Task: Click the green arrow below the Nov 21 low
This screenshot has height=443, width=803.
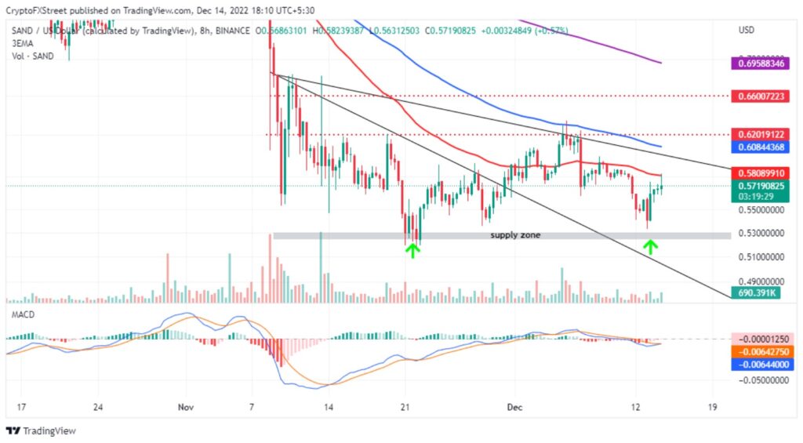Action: click(412, 250)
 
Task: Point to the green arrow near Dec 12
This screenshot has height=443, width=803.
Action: click(650, 247)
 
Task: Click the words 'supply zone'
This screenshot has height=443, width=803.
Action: click(515, 235)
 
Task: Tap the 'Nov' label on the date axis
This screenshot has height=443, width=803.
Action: click(186, 408)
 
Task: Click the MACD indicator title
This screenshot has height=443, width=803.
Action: click(21, 314)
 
